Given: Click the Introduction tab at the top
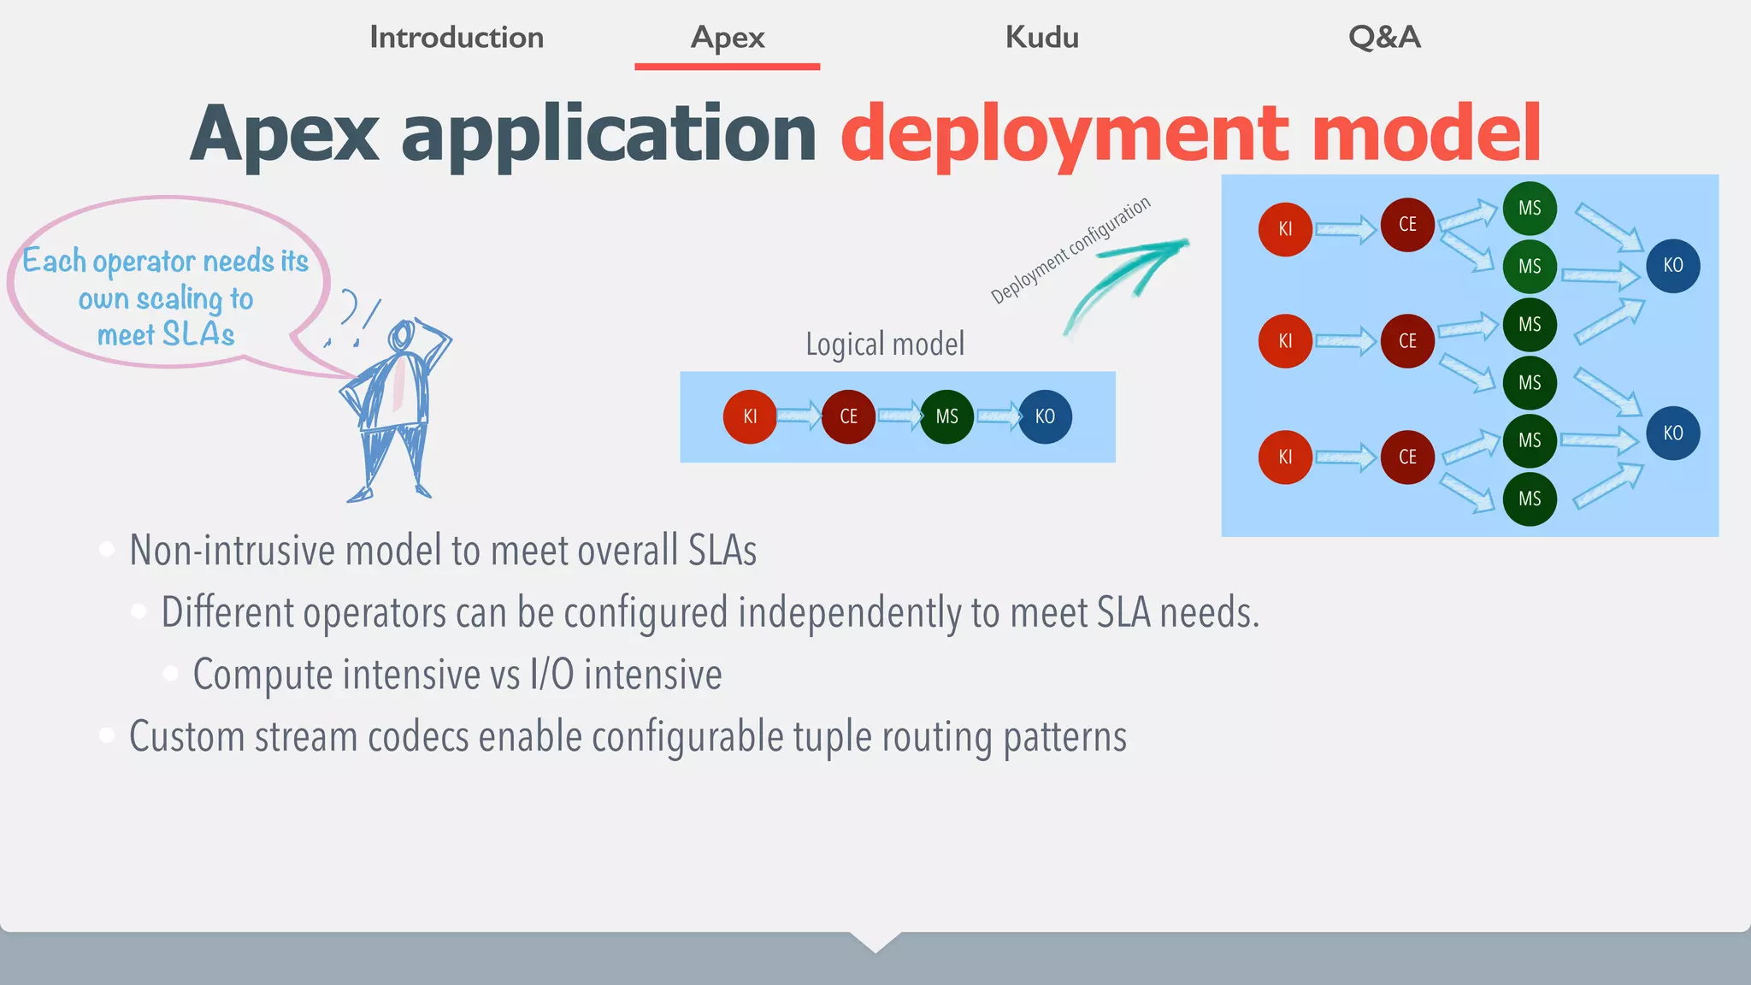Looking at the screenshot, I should tap(456, 38).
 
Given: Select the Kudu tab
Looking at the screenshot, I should tap(1041, 38).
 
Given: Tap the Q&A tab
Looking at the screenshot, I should tap(1384, 38).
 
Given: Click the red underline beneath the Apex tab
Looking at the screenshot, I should tap(727, 66).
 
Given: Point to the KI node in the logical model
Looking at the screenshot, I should tap(750, 416).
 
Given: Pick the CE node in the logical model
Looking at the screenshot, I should tap(848, 416).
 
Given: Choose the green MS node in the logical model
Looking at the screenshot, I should tap(946, 416).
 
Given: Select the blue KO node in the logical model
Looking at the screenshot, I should tap(1045, 416).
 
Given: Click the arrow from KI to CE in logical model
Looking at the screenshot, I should tap(799, 416).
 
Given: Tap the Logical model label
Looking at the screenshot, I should tap(885, 345).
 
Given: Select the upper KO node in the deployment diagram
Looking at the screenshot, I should tap(1672, 266).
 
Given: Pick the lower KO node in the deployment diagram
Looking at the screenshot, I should tap(1672, 434).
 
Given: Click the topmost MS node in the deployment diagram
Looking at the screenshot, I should tap(1530, 209).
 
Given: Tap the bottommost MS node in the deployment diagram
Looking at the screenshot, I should tap(1530, 499).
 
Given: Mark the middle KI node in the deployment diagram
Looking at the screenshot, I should tap(1285, 341).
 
